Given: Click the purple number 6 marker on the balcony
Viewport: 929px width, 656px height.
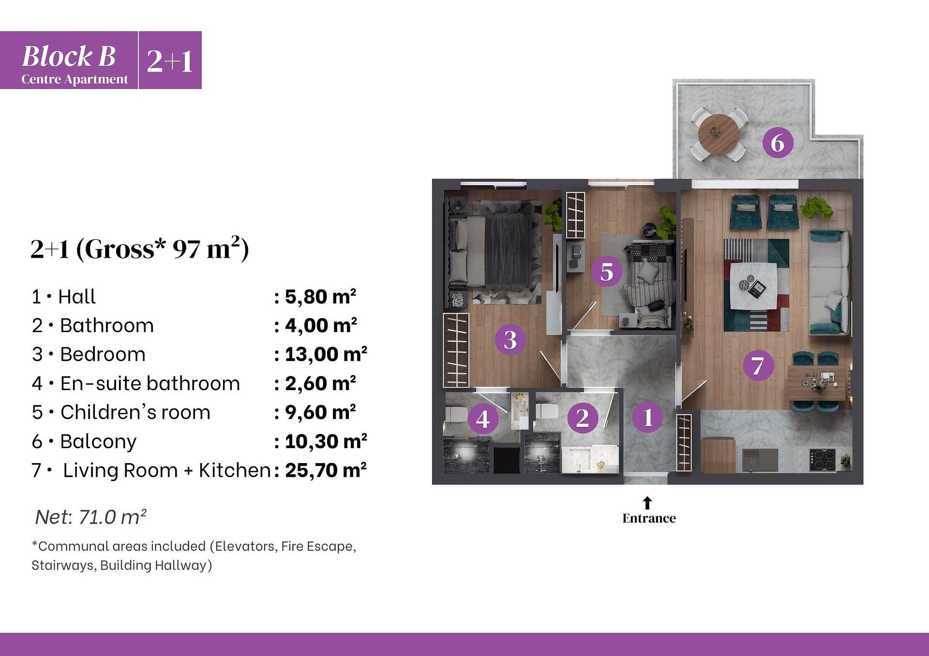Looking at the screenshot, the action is point(778,143).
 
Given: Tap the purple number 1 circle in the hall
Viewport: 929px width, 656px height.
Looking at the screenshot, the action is point(647,417).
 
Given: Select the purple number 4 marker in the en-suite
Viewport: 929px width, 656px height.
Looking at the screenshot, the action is point(483,419).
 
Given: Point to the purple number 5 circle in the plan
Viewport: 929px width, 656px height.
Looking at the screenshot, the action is point(607,271).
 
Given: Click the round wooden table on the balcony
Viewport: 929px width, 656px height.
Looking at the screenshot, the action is point(719,133).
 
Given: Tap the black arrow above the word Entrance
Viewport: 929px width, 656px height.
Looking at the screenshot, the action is point(647,503).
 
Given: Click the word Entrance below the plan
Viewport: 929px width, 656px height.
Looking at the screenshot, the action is point(649,518).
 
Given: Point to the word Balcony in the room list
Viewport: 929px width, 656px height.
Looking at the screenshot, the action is point(98,441).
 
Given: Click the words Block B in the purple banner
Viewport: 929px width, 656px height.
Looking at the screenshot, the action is point(69,56).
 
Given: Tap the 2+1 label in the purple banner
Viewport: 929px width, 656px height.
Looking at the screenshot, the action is point(170,61).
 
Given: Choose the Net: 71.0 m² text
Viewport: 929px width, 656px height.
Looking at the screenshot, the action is point(90,517).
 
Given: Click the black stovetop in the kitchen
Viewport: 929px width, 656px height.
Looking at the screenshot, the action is point(823,460).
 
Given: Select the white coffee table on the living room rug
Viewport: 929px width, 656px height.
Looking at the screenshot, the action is point(753,286).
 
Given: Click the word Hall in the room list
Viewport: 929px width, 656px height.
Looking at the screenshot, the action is point(77,296).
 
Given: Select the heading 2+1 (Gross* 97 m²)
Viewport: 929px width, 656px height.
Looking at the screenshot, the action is point(139,248).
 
